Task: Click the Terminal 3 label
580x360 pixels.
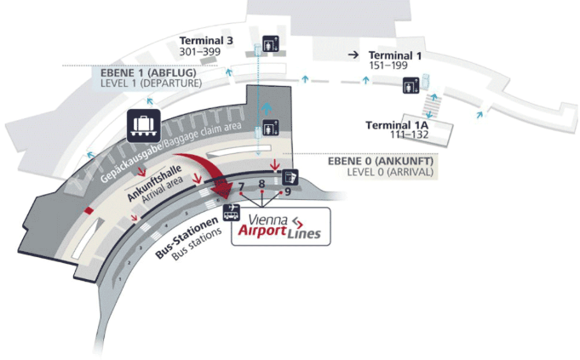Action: (x=206, y=41)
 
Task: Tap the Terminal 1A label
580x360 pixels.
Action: (x=397, y=125)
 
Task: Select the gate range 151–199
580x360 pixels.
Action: (x=388, y=66)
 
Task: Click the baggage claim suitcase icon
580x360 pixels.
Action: (x=144, y=126)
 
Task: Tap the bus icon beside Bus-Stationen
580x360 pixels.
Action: (x=231, y=213)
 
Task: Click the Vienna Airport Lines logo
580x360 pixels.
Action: (x=281, y=226)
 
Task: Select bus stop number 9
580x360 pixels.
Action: (x=287, y=191)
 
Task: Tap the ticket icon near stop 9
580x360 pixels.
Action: (x=290, y=177)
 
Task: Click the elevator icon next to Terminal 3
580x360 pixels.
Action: (x=271, y=44)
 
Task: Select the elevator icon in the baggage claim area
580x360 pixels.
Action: (x=271, y=128)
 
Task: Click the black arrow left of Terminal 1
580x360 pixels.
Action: (x=353, y=55)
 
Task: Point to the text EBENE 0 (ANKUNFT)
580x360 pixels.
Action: (x=381, y=161)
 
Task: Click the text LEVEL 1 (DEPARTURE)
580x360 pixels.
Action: (x=152, y=83)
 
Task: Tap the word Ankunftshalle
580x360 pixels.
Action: (x=154, y=183)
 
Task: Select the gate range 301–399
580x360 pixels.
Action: (x=200, y=52)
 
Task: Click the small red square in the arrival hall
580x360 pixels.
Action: (x=89, y=211)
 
